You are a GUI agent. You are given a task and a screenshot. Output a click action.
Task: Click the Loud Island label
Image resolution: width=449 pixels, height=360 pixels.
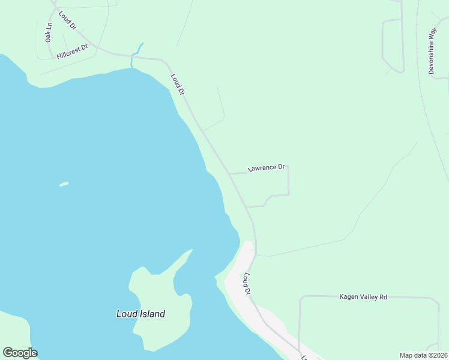click(x=140, y=314)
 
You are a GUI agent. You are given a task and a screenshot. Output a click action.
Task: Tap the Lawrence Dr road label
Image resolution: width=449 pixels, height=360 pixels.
click(x=266, y=168)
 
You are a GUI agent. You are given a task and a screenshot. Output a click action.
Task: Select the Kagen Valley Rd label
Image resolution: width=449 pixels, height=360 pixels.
click(x=363, y=296)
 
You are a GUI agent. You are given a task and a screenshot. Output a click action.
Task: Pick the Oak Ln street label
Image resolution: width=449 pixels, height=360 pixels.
click(x=49, y=32)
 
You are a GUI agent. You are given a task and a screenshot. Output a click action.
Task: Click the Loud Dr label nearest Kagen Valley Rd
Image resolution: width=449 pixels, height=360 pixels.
click(x=247, y=283)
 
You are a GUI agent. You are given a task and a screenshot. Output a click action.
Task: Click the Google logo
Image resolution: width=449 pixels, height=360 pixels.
click(x=20, y=353)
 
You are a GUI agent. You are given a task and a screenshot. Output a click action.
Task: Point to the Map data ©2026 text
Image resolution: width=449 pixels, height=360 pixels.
click(x=423, y=355)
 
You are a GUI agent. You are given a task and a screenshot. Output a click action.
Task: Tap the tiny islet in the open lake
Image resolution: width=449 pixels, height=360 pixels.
click(x=64, y=184)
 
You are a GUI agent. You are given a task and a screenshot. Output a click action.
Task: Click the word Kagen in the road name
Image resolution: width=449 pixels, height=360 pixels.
click(x=348, y=296)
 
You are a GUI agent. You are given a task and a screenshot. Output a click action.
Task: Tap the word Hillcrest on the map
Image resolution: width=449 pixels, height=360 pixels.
click(x=68, y=52)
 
